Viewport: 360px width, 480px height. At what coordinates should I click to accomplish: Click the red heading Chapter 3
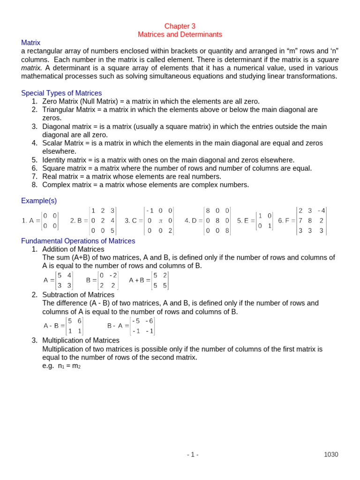pos(180,26)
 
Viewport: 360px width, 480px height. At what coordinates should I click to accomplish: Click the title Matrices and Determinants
pos(180,35)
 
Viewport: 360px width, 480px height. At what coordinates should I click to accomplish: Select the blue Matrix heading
pos(31,43)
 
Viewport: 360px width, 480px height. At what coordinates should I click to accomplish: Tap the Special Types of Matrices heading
pos(61,93)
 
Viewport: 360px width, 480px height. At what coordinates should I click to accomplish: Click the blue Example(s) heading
pos(39,201)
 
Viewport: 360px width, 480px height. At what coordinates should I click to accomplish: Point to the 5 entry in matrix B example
pos(112,230)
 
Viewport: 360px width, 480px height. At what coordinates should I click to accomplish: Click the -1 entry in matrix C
pos(150,210)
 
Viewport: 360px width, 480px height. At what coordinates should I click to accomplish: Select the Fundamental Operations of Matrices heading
pos(78,241)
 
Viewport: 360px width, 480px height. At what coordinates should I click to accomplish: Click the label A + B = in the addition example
pos(139,280)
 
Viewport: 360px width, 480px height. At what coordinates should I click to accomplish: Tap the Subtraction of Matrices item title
pos(78,295)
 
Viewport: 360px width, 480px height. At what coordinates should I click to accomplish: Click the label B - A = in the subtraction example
pos(118,325)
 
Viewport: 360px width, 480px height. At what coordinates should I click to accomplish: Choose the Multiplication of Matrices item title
pos(81,340)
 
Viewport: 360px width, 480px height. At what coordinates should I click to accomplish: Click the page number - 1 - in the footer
pos(193,454)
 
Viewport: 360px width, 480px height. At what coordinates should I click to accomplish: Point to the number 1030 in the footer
pos(331,454)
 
